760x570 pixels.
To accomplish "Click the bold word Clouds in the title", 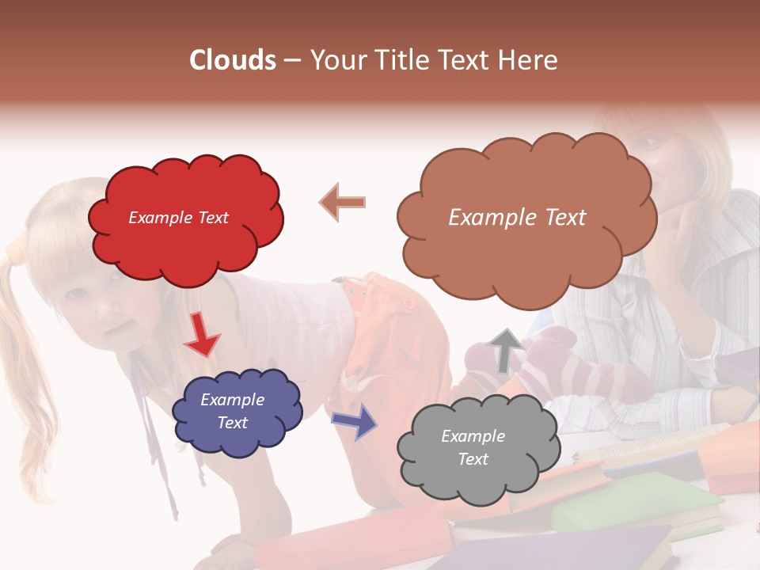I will (233, 60).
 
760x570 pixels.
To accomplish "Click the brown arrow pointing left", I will (342, 202).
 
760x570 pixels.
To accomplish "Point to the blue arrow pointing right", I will (355, 420).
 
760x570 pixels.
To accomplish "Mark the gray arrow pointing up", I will (504, 349).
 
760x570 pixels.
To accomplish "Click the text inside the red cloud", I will (178, 218).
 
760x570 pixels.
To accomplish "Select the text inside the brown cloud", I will (517, 218).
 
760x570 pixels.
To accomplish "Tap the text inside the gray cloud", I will (473, 447).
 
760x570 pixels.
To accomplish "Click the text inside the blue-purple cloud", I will (232, 411).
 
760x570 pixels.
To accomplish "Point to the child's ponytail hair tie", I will (17, 252).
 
